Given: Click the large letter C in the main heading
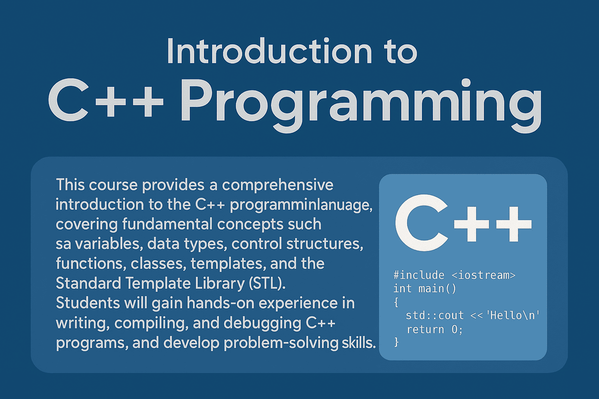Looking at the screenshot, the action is (x=68, y=100).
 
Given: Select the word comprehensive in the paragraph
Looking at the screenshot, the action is (x=278, y=185).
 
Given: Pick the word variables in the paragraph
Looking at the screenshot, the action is (x=108, y=244).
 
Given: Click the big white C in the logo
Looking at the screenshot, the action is (x=421, y=223).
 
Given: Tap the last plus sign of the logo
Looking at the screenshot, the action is (x=514, y=224).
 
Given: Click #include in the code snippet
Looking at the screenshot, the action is (x=419, y=275).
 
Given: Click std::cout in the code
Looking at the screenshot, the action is (x=435, y=316).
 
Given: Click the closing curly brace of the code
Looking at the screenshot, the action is (x=396, y=343).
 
